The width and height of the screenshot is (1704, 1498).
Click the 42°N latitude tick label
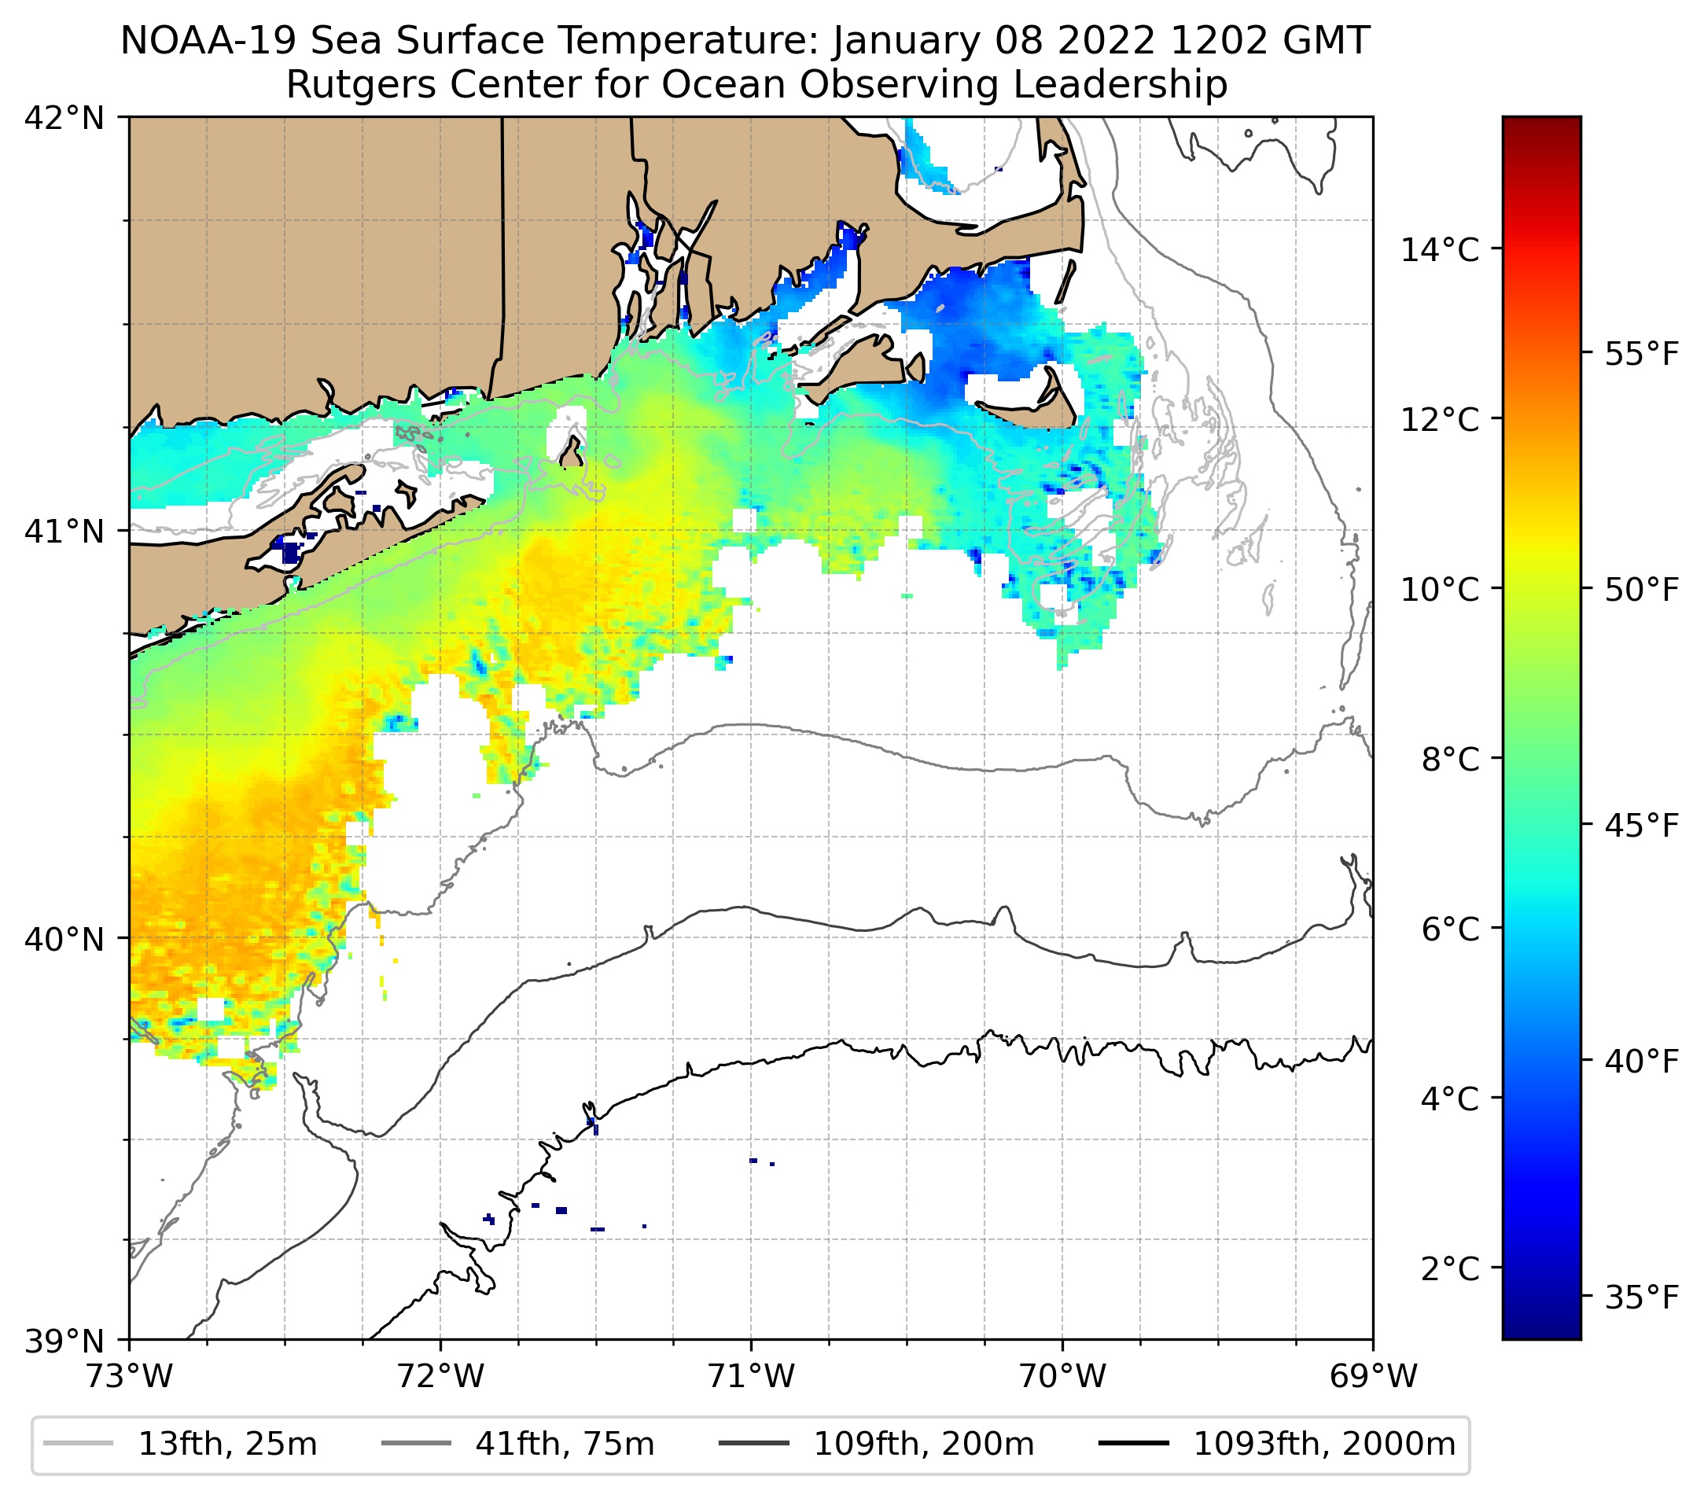pos(64,119)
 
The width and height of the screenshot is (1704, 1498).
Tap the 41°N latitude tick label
pos(64,530)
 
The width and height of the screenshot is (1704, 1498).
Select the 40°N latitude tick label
pos(64,939)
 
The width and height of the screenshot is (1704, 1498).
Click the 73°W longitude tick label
pos(129,1377)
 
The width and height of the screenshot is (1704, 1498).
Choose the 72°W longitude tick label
pos(440,1377)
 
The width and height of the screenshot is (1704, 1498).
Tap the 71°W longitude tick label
pos(751,1377)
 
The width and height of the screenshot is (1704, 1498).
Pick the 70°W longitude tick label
pos(1063,1377)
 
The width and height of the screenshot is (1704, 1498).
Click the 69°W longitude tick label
pos(1373,1377)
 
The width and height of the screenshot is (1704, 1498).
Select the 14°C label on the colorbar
pos(1440,249)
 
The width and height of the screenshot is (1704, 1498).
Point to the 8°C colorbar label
pos(1451,760)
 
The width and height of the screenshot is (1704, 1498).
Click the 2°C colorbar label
pos(1451,1268)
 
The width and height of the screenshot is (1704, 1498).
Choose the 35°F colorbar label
pos(1641,1298)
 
